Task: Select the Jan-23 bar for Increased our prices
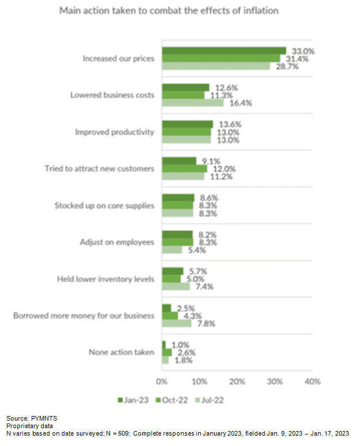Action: [223, 51]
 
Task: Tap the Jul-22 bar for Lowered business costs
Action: [192, 103]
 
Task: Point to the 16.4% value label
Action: [240, 103]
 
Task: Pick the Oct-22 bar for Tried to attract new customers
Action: [184, 169]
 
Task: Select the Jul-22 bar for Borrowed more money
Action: [176, 323]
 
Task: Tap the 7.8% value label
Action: [206, 323]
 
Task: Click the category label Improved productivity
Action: [115, 132]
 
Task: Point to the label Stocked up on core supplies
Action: [104, 205]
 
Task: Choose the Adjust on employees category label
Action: [117, 242]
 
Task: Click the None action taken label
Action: [121, 352]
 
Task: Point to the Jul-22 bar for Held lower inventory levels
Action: [175, 286]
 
